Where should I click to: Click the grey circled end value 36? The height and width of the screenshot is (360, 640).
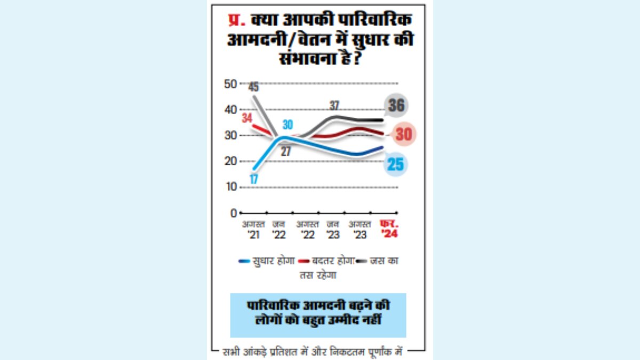396,106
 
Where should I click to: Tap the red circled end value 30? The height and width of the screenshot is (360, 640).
403,134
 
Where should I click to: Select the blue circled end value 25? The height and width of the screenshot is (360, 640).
395,164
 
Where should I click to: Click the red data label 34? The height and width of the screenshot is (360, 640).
246,118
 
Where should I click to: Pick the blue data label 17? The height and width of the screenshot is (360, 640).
253,179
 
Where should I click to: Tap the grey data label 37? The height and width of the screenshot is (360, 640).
334,106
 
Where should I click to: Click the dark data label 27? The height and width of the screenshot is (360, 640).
286,151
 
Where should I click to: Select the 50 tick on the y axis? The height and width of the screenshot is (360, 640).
230,84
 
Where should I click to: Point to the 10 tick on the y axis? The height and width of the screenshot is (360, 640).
230,187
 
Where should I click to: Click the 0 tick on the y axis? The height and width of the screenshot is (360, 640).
233,213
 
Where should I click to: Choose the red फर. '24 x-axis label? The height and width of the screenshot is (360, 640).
387,228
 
